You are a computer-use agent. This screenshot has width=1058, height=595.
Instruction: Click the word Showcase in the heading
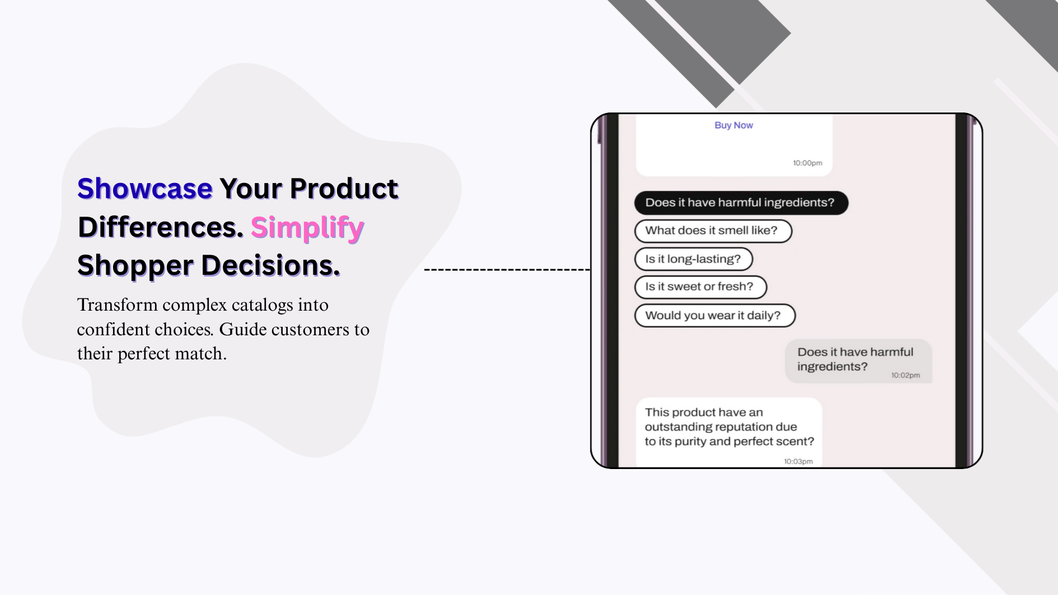click(x=145, y=189)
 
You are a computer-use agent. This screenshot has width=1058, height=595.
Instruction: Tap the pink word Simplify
click(x=307, y=227)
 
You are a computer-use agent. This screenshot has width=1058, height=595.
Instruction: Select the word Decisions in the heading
click(x=271, y=265)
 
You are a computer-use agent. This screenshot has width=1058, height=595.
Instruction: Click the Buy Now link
click(x=733, y=125)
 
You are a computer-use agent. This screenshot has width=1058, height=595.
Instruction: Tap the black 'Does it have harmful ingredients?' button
click(x=741, y=203)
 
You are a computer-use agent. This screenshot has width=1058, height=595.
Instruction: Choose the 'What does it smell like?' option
click(x=713, y=231)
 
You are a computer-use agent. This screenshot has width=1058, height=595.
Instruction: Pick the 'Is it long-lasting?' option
click(x=694, y=259)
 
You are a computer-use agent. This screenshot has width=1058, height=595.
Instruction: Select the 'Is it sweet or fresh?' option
click(x=700, y=287)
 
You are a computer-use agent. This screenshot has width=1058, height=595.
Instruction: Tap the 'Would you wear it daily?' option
click(x=715, y=316)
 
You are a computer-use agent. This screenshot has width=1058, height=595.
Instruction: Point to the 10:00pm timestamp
click(x=807, y=163)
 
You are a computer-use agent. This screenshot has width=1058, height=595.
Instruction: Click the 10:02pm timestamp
click(x=905, y=375)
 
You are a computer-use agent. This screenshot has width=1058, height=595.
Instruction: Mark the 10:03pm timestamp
click(x=798, y=461)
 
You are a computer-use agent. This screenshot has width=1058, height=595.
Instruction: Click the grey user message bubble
click(x=858, y=361)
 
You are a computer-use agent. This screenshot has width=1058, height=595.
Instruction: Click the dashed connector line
click(x=507, y=270)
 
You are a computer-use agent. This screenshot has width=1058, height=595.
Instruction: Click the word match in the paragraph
click(x=200, y=354)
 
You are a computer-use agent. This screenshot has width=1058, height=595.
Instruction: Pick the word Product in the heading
click(x=344, y=189)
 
